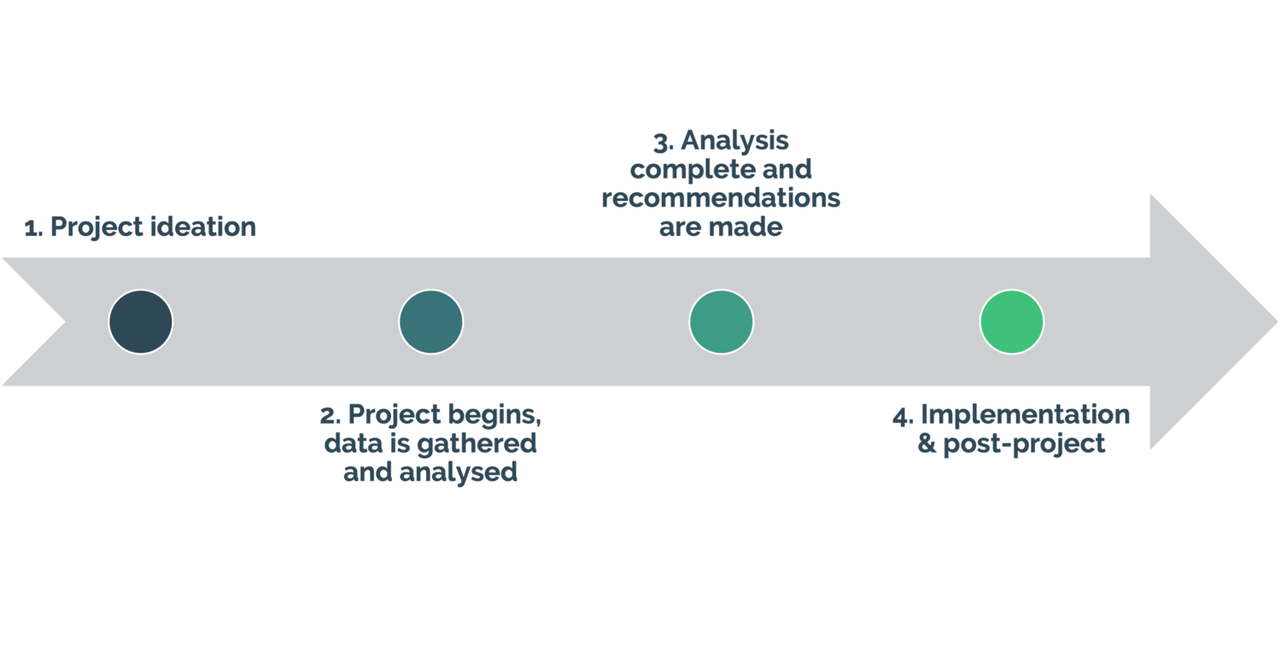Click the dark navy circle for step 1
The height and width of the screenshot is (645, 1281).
pos(141,322)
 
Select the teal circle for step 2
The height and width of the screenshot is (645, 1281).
pos(431,322)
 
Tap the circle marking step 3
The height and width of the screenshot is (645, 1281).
pos(722,322)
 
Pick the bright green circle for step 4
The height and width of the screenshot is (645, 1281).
pos(1012,322)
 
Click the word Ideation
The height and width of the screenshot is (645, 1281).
pos(203,227)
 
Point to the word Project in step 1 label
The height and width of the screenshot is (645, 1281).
pos(96,227)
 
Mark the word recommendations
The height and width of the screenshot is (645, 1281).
pos(722,198)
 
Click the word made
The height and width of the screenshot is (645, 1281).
pos(753,227)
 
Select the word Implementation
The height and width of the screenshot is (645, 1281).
pos(1025,416)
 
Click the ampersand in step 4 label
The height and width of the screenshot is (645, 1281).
pos(926,444)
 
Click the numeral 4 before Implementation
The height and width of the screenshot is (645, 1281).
pos(902,416)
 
